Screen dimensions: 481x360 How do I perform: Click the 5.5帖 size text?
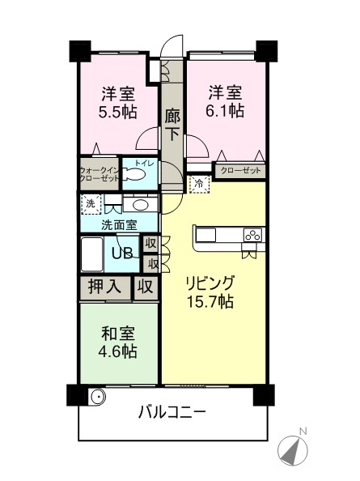click(x=117, y=112)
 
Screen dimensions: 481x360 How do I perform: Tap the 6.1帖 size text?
click(x=226, y=111)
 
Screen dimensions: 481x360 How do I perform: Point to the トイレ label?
click(x=145, y=164)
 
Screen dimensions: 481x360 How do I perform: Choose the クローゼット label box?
click(x=240, y=170)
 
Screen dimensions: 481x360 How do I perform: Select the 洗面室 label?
click(x=119, y=224)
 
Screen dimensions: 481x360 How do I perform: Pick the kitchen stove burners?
click(x=253, y=236)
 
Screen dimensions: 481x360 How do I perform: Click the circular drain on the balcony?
click(x=97, y=397)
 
